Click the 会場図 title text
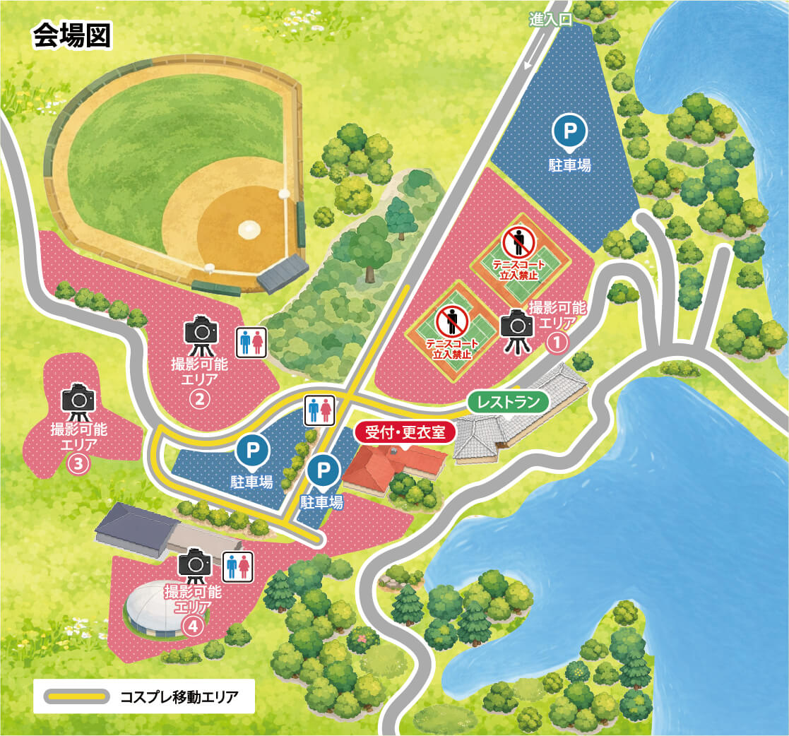click(71, 37)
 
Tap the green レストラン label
click(508, 402)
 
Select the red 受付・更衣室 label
click(405, 432)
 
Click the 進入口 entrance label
click(551, 20)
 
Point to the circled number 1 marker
click(557, 343)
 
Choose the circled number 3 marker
click(78, 464)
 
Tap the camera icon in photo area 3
click(78, 400)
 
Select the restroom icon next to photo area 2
click(251, 342)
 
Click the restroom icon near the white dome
click(237, 566)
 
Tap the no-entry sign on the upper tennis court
click(519, 242)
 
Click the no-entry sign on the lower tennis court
click(452, 321)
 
